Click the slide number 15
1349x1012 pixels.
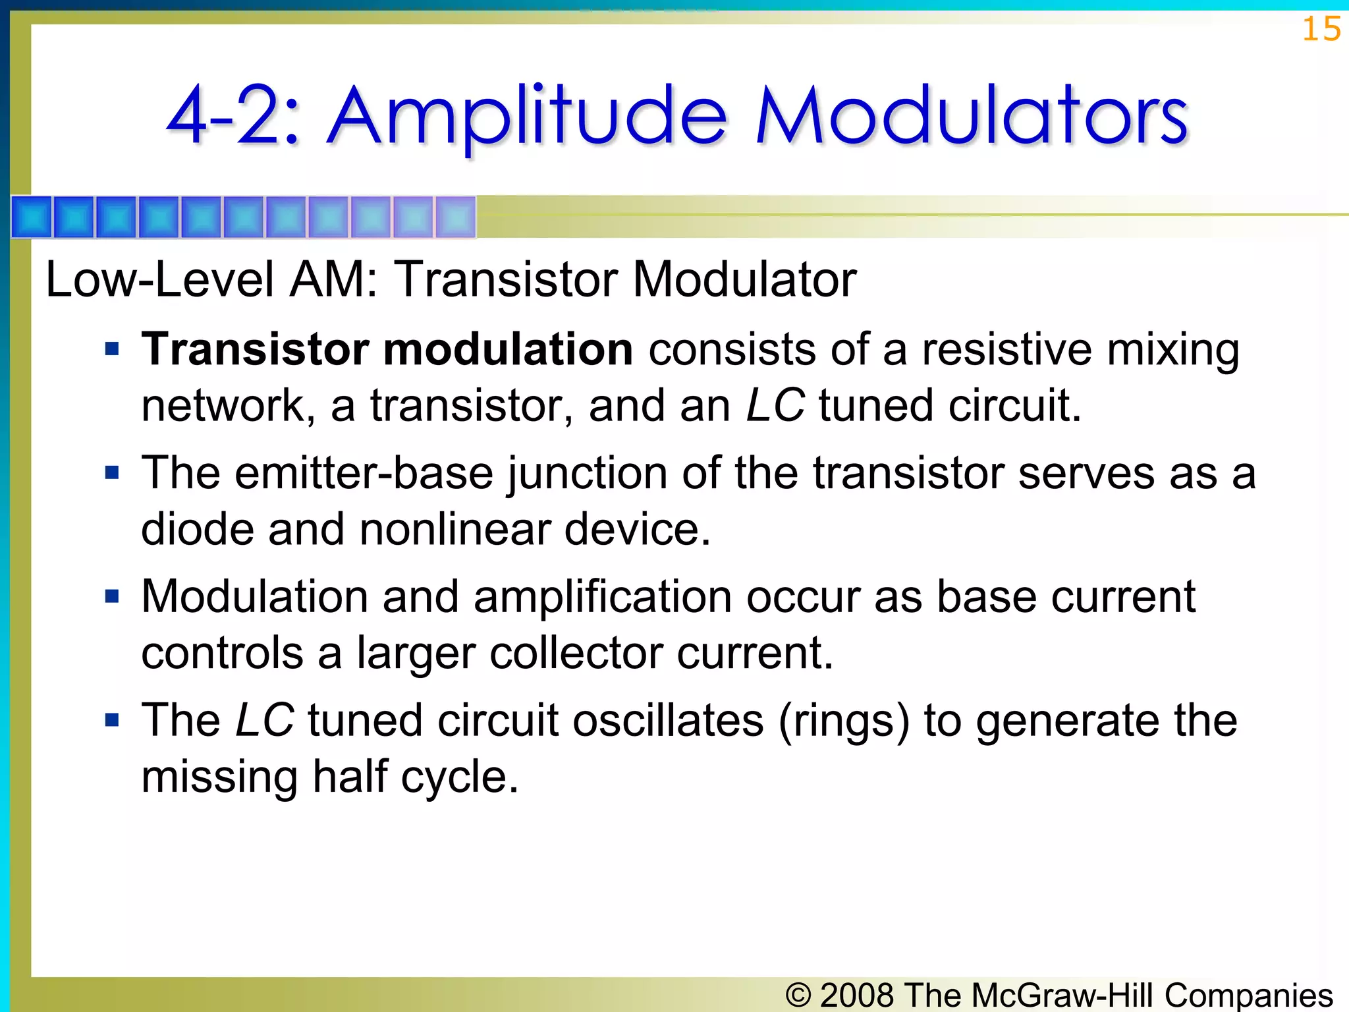pos(1321,30)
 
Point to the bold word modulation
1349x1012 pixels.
pos(508,349)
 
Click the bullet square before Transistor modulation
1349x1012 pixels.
pos(113,349)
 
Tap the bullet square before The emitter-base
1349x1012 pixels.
pos(113,472)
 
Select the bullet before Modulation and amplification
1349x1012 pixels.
pos(113,596)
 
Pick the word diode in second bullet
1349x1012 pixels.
pos(197,530)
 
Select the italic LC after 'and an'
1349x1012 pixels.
pos(775,406)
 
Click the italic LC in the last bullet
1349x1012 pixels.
pos(264,721)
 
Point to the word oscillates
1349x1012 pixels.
pos(668,721)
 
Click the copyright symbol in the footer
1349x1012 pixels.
pos(798,995)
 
